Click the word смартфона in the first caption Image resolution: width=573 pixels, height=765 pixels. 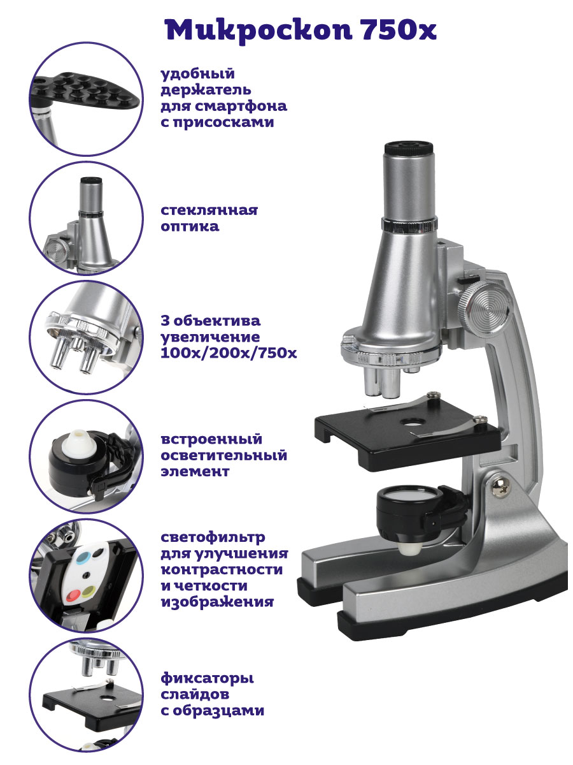[241, 106]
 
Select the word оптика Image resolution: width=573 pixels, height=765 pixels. [190, 227]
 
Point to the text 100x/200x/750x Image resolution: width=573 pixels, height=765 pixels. [229, 353]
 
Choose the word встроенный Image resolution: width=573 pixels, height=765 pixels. [211, 439]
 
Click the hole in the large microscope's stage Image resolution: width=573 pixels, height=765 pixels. [413, 422]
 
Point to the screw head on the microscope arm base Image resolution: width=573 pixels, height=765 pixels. [501, 486]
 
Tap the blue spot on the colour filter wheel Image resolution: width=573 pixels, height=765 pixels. [83, 558]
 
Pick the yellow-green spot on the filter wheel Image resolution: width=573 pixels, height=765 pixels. [89, 590]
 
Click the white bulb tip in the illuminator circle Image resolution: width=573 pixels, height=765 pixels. [77, 443]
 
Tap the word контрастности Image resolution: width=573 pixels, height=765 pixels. [222, 570]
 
